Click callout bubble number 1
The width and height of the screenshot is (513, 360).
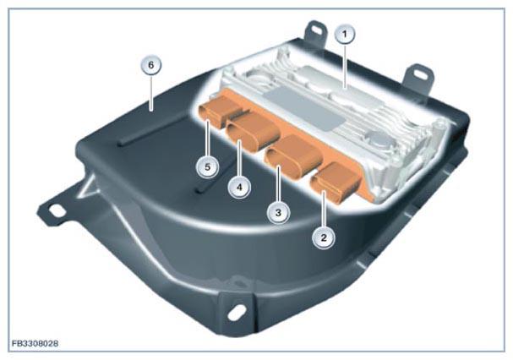coord(345,34)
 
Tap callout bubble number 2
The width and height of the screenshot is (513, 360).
coord(324,237)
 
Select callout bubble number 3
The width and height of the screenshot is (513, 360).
coord(278,213)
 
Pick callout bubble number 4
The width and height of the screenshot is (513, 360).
coord(239,188)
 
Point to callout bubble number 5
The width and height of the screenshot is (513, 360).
coord(207,167)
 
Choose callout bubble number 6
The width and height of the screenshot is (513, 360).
coord(150,65)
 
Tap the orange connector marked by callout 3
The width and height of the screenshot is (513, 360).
coord(294,155)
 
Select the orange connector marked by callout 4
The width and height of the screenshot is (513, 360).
coord(254,132)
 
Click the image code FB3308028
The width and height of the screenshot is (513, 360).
coord(35,344)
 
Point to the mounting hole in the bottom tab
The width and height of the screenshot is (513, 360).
coord(237,310)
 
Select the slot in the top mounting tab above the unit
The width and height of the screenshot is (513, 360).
coord(317,30)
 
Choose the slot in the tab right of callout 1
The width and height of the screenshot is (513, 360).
coord(418,73)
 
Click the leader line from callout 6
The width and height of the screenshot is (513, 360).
coord(150,93)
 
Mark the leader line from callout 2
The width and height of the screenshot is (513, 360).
coord(324,210)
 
